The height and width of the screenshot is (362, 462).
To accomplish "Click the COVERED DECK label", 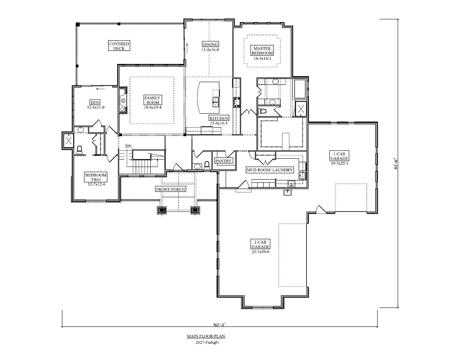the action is [119, 46].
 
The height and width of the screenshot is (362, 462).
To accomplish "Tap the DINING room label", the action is [210, 45].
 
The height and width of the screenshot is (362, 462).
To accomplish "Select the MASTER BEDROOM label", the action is [262, 51].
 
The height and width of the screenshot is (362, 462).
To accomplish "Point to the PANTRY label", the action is [223, 161].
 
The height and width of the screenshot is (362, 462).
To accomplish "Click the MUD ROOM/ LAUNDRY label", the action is [269, 170].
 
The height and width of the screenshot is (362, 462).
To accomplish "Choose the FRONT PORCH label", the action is [170, 189].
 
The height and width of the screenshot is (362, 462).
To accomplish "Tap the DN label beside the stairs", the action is [128, 146].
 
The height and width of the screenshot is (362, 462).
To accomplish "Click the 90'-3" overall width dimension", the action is [219, 324].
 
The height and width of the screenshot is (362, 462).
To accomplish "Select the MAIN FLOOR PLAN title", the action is [206, 336].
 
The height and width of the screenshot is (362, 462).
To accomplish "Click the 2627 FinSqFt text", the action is [207, 343].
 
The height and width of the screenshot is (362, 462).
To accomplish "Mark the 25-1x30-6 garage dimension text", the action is [260, 252].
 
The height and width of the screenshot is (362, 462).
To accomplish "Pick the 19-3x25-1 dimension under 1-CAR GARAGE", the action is [339, 163].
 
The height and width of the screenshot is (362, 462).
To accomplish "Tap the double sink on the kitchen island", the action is [216, 102].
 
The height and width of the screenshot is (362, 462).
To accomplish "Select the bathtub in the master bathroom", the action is [300, 89].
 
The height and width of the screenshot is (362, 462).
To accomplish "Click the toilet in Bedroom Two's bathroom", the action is [79, 150].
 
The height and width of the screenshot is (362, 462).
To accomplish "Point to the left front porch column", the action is [162, 210].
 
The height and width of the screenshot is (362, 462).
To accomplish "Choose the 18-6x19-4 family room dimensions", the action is [153, 108].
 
